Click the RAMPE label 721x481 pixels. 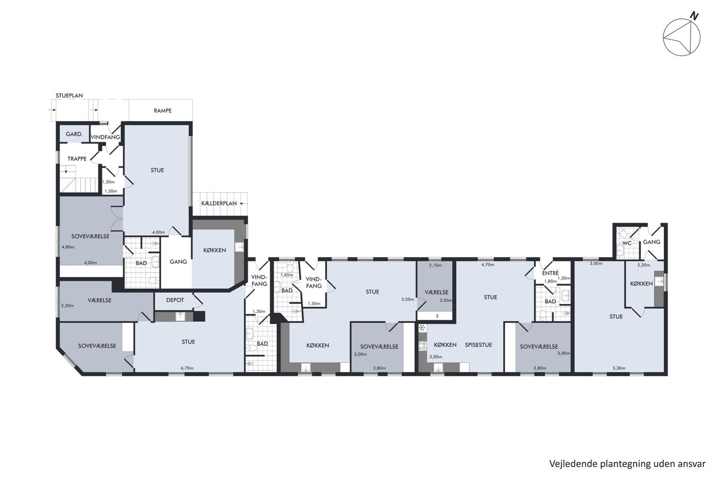pyautogui.click(x=163, y=110)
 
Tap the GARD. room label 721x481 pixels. pyautogui.click(x=74, y=134)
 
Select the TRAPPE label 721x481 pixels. pyautogui.click(x=77, y=158)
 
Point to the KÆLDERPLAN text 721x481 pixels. pyautogui.click(x=219, y=203)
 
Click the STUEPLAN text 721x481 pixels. pyautogui.click(x=69, y=95)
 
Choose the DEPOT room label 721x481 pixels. pyautogui.click(x=175, y=300)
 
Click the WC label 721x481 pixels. pyautogui.click(x=627, y=243)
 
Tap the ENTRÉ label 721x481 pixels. pyautogui.click(x=551, y=273)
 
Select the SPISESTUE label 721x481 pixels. pyautogui.click(x=478, y=345)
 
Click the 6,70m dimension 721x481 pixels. pyautogui.click(x=187, y=368)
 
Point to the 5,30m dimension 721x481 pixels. pyautogui.click(x=619, y=368)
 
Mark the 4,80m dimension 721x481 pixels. pyautogui.click(x=68, y=247)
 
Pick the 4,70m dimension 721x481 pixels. pyautogui.click(x=488, y=264)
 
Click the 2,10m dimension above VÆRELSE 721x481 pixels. pyautogui.click(x=435, y=265)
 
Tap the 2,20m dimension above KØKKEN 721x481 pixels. pyautogui.click(x=644, y=265)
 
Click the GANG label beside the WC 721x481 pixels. pyautogui.click(x=651, y=242)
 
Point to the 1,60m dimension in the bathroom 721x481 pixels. pyautogui.click(x=286, y=275)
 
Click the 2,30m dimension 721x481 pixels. pyautogui.click(x=67, y=305)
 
